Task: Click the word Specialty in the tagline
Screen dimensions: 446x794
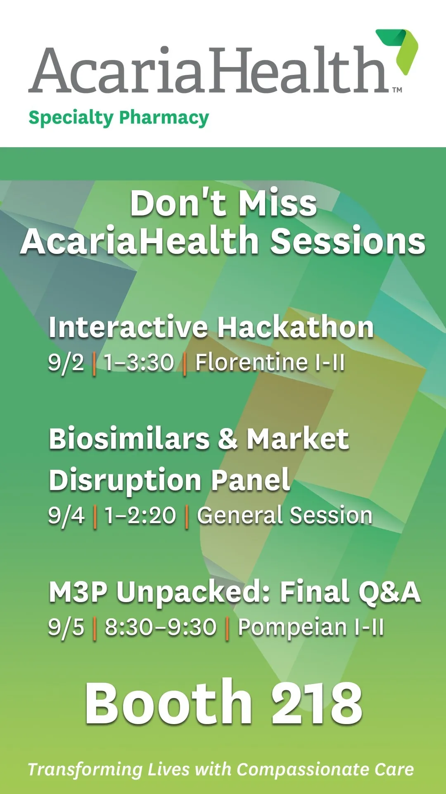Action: [x=71, y=118]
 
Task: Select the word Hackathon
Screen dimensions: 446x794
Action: [x=296, y=327]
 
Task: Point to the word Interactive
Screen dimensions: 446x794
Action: [x=128, y=327]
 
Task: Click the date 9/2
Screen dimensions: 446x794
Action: [x=66, y=363]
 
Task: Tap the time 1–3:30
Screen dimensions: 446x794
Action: [x=139, y=363]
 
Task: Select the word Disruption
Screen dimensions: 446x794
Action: [x=125, y=481]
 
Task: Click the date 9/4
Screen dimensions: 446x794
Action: [x=66, y=516]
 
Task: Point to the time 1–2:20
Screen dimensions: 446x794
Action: [x=140, y=516]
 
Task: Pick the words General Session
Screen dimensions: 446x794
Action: [x=285, y=515]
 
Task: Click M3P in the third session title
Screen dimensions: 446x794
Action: [x=78, y=592]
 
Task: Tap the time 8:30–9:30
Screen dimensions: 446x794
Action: [x=161, y=627]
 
